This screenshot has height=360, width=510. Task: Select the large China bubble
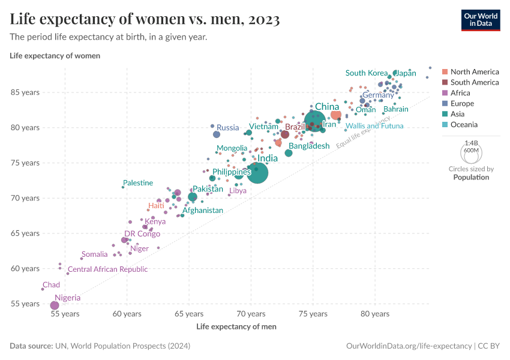(x=315, y=120)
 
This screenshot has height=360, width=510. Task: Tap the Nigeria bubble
(x=55, y=305)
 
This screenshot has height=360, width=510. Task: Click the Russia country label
(x=228, y=127)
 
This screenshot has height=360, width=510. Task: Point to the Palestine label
(x=138, y=183)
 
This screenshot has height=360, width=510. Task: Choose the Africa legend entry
(x=460, y=93)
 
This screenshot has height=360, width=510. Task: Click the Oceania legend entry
(x=464, y=125)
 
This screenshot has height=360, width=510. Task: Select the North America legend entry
(x=474, y=72)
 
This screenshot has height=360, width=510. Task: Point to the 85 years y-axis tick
(x=25, y=92)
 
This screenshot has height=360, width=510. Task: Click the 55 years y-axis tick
(x=25, y=304)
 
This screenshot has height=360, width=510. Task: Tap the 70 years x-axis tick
(x=251, y=314)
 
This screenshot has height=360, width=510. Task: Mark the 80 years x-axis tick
(x=375, y=314)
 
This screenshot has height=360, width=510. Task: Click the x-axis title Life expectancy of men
(x=236, y=326)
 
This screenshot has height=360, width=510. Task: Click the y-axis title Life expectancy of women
(x=55, y=55)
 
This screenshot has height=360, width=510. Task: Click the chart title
(x=145, y=19)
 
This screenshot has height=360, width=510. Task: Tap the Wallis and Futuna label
(x=374, y=126)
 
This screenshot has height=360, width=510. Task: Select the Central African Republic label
(x=107, y=269)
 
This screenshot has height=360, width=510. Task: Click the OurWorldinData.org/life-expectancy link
(x=410, y=346)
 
